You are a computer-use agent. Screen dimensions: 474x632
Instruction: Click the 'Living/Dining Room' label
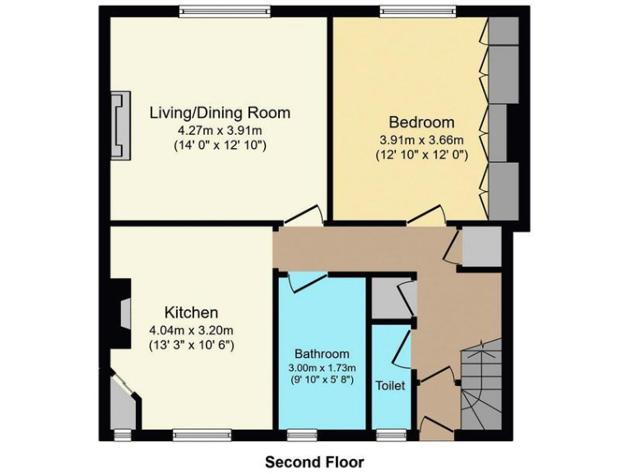[220, 113]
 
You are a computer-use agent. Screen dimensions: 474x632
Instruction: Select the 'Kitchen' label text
[192, 313]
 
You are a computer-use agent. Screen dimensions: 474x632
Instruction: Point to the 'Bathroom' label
[323, 353]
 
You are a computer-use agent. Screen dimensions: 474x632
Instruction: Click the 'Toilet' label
[391, 385]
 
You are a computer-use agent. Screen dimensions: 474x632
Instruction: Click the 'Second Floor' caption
[314, 462]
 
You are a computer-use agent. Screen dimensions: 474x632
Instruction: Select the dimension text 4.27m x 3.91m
[220, 130]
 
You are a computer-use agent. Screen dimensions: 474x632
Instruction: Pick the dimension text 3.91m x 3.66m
[421, 139]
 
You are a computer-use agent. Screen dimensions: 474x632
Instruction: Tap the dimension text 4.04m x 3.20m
[192, 331]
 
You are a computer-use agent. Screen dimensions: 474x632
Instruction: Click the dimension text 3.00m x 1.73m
[323, 367]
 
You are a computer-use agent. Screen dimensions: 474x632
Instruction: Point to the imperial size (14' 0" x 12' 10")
[220, 146]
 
